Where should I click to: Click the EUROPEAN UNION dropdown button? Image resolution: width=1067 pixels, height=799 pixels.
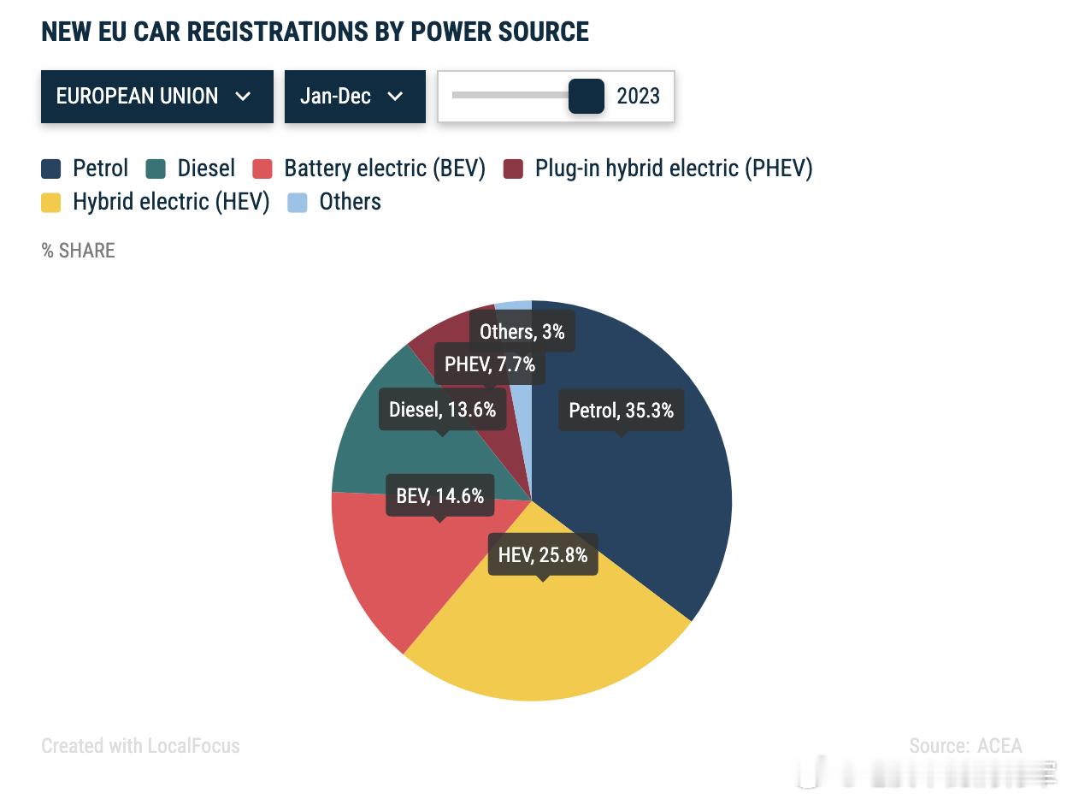click(x=156, y=97)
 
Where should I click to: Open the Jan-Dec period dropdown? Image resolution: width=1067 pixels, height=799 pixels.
click(x=354, y=97)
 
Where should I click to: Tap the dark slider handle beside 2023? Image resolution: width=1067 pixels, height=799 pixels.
click(x=587, y=96)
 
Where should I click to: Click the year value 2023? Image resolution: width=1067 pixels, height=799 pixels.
click(x=638, y=97)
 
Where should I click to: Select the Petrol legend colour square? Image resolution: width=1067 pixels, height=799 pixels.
click(x=51, y=169)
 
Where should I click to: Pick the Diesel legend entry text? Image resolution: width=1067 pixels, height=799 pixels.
click(x=206, y=169)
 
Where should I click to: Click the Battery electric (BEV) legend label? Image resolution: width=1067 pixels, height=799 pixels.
click(x=385, y=169)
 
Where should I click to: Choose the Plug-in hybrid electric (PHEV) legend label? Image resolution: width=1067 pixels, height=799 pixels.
click(x=674, y=169)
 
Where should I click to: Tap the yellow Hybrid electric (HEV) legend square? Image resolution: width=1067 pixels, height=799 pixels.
click(x=51, y=203)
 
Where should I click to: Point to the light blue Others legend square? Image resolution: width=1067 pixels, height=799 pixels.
click(x=298, y=203)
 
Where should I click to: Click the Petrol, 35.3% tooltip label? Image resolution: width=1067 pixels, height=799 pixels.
click(x=622, y=411)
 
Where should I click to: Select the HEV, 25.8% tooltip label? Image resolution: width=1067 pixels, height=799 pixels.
click(x=543, y=555)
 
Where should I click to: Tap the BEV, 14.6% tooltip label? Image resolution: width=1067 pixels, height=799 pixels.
click(x=440, y=495)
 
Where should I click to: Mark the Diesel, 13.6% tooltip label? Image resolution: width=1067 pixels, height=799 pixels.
click(x=442, y=410)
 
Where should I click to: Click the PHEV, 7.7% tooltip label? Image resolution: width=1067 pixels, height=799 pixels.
click(x=490, y=364)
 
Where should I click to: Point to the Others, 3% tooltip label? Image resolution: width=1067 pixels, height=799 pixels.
click(x=522, y=332)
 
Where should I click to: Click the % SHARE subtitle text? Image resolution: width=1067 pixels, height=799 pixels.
click(x=78, y=251)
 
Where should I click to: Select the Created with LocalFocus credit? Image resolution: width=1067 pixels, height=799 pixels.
click(x=140, y=746)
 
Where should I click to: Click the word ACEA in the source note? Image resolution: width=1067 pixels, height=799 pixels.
click(x=1000, y=746)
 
